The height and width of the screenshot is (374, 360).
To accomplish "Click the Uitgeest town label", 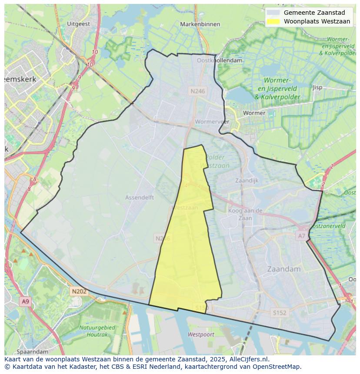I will click(79, 24).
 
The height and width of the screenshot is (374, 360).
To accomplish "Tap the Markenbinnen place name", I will click(200, 24).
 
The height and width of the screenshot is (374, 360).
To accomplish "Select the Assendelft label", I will click(140, 197).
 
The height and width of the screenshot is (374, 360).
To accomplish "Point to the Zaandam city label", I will click(284, 269).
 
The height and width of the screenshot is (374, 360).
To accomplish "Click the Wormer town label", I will click(254, 113).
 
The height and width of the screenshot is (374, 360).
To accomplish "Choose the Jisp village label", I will click(317, 87).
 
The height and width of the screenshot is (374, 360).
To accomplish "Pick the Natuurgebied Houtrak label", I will click(97, 331).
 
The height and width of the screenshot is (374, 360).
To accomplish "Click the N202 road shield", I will click(79, 291).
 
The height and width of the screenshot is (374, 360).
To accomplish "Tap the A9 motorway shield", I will click(25, 301).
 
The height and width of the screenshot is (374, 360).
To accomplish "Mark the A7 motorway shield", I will click(301, 236).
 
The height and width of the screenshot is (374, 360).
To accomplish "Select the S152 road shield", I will click(280, 312).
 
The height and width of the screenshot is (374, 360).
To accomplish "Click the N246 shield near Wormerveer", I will click(197, 91).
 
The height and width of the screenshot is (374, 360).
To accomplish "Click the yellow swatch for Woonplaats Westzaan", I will click(273, 21).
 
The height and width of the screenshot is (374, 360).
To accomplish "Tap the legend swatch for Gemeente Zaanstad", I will click(273, 13).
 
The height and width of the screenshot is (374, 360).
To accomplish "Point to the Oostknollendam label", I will click(220, 61).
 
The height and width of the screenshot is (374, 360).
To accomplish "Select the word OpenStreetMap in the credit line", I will click(278, 366).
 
